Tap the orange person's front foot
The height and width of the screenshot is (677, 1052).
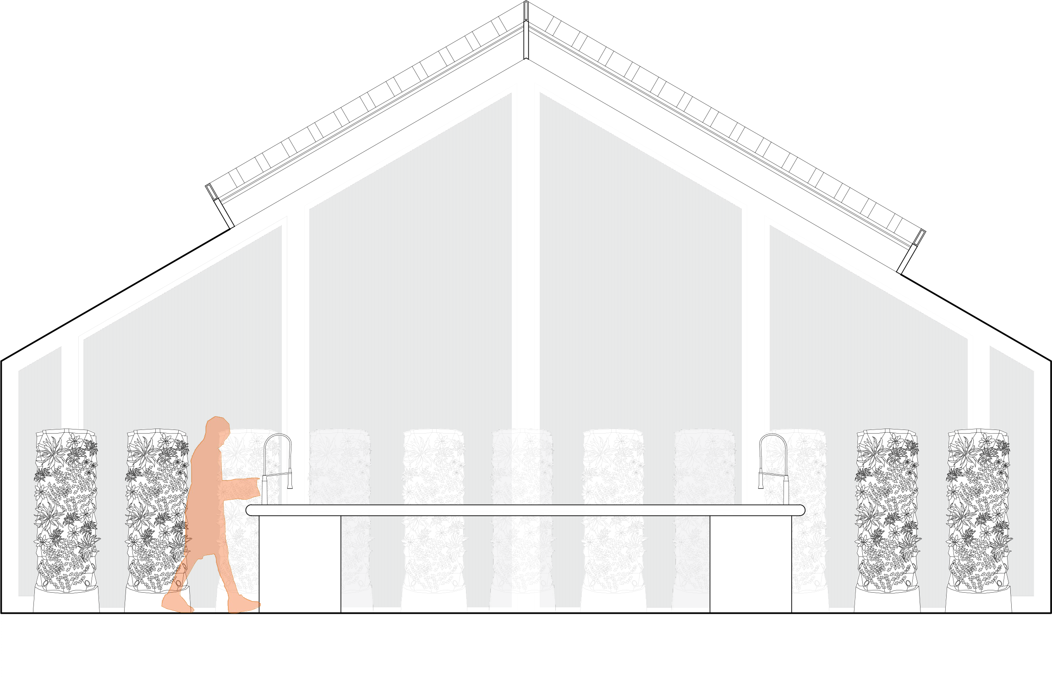[243, 604]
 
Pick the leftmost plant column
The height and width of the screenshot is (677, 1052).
[66, 509]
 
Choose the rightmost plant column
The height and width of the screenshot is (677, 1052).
[978, 509]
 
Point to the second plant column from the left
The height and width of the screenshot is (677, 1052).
[157, 509]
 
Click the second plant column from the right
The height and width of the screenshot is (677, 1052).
[887, 509]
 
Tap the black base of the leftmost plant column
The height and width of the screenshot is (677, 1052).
[66, 601]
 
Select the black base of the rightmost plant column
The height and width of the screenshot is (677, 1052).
[978, 601]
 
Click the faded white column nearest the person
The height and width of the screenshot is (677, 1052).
[340, 463]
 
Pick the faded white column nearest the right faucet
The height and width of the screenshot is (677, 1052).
[704, 463]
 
